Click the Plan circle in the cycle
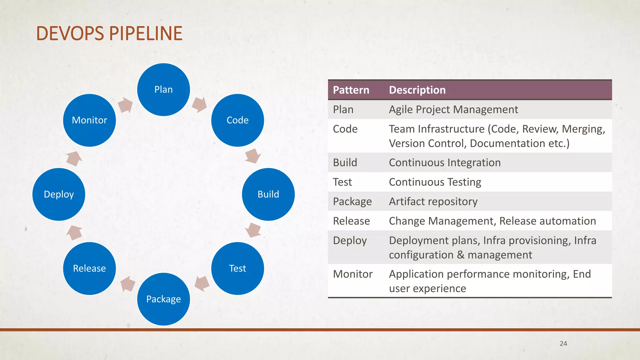[163, 90]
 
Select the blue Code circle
[237, 120]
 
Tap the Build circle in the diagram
[268, 194]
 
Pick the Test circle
[237, 268]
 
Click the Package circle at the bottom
[163, 299]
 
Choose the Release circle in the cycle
[89, 268]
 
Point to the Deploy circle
[59, 194]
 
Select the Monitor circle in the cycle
[89, 120]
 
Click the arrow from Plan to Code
[199, 104]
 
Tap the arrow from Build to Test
[253, 230]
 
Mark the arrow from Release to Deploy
[74, 232]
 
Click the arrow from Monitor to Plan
[125, 105]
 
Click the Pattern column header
[351, 90]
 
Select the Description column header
[417, 90]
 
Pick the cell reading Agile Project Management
[453, 110]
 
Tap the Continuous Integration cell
[445, 163]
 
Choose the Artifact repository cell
[433, 202]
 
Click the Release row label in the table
[351, 221]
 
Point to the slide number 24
[563, 343]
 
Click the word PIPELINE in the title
[146, 33]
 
